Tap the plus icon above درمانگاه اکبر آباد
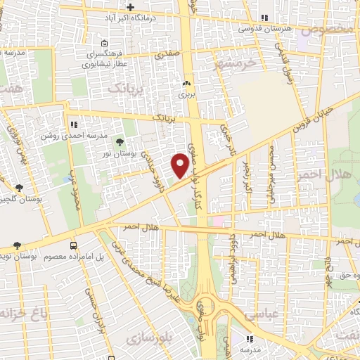click(130, 6)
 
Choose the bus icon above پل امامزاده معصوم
click(74, 245)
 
